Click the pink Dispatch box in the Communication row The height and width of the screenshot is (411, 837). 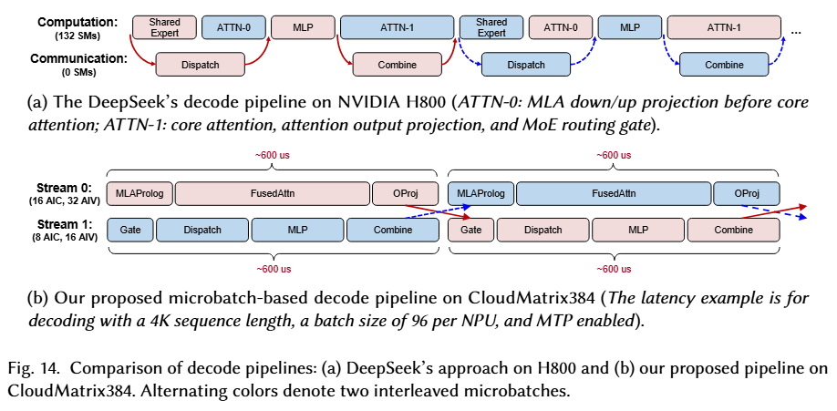click(x=201, y=65)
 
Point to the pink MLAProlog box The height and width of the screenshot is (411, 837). click(x=139, y=193)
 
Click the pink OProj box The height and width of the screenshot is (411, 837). click(x=398, y=193)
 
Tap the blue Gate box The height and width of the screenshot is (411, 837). click(x=129, y=231)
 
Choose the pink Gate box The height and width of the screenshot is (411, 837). click(x=470, y=231)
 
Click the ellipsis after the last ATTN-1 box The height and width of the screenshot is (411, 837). click(x=796, y=32)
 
